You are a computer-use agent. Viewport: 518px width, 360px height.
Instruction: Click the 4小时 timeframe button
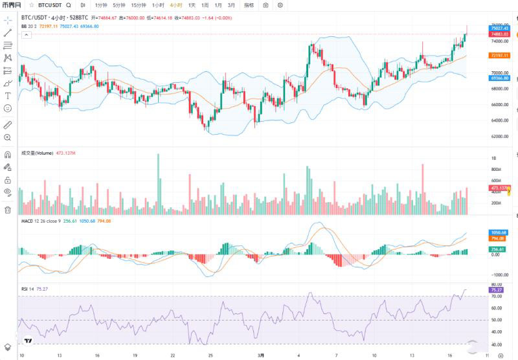click(x=176, y=5)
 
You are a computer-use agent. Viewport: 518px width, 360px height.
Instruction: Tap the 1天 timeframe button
click(x=192, y=5)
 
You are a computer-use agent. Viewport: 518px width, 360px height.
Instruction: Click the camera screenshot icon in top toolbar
click(x=265, y=5)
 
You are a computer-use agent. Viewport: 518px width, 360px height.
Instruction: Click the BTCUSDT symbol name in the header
click(x=50, y=5)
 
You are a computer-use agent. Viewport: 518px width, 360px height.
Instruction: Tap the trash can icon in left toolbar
click(x=8, y=210)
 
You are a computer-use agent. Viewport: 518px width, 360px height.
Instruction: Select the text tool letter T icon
click(x=8, y=96)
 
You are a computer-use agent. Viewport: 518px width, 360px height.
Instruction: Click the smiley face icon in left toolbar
click(x=8, y=108)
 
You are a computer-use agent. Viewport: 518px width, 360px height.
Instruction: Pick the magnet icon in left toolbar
click(x=8, y=155)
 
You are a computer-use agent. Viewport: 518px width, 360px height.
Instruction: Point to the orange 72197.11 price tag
click(x=498, y=56)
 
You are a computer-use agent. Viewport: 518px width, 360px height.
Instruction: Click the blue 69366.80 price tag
click(x=498, y=78)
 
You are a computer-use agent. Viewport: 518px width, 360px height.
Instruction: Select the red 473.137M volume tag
click(x=498, y=188)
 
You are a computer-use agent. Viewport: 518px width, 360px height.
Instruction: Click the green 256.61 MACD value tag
click(x=498, y=249)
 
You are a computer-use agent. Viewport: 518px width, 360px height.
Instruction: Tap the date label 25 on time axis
click(x=211, y=355)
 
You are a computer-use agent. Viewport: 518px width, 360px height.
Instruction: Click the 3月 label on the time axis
click(x=260, y=355)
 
